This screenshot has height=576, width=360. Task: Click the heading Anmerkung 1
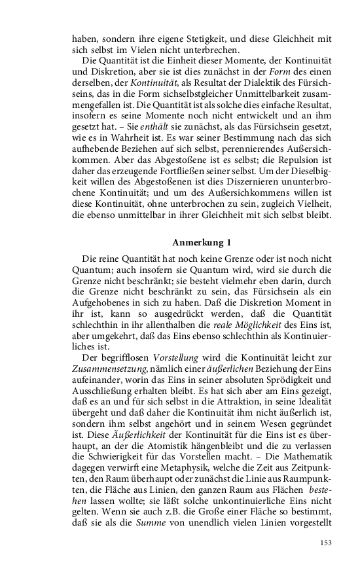[202, 243]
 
